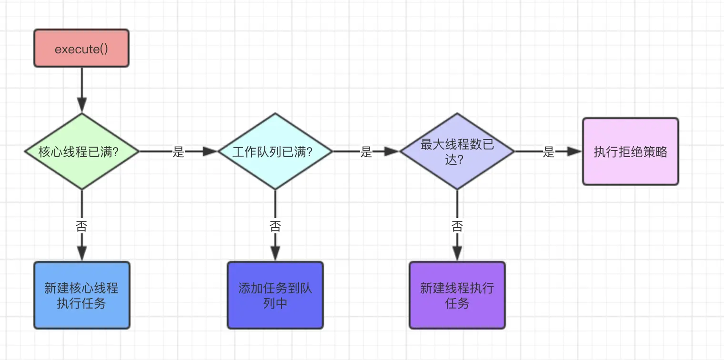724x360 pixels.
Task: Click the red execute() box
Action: pyautogui.click(x=81, y=48)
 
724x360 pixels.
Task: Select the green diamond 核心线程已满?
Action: pyautogui.click(x=81, y=151)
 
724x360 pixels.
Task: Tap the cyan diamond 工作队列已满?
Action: pyautogui.click(x=275, y=151)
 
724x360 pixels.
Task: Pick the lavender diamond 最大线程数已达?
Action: pyautogui.click(x=457, y=151)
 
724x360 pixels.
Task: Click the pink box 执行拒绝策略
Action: pyautogui.click(x=630, y=151)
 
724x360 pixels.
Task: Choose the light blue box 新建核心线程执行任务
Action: pyautogui.click(x=81, y=295)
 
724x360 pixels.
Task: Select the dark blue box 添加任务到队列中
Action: pyautogui.click(x=275, y=295)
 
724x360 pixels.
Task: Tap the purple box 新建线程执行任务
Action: pyautogui.click(x=457, y=295)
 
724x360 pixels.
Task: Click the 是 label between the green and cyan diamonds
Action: pyautogui.click(x=178, y=152)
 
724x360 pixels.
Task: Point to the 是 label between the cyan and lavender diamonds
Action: pyautogui.click(x=366, y=152)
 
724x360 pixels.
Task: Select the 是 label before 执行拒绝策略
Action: pyautogui.click(x=549, y=152)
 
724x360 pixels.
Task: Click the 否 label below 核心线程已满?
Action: pyautogui.click(x=81, y=226)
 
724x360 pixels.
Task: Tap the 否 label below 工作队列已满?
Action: pyautogui.click(x=275, y=226)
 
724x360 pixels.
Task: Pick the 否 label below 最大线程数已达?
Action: pyautogui.click(x=457, y=226)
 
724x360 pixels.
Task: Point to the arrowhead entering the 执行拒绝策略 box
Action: pyautogui.click(x=575, y=151)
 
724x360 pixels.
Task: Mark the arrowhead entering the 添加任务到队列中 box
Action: pyautogui.click(x=275, y=254)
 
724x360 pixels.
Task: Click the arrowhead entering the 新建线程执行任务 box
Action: pyautogui.click(x=457, y=254)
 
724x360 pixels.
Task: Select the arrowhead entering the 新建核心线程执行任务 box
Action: pyautogui.click(x=81, y=254)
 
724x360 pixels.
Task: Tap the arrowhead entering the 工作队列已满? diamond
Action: pyautogui.click(x=210, y=151)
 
